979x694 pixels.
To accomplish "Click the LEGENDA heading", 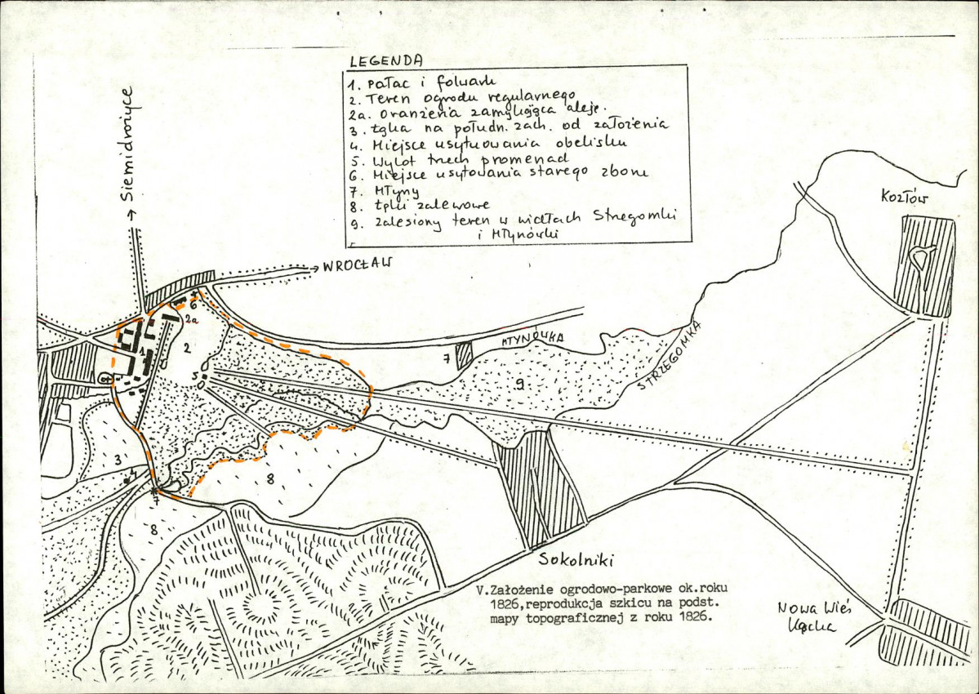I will (385, 60).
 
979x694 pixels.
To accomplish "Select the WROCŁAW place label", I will (358, 265).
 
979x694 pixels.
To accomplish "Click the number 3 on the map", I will (117, 460).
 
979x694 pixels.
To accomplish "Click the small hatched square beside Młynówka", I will (464, 356).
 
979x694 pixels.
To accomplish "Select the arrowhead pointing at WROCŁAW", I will (315, 266).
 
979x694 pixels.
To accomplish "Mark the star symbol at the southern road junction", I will (155, 492).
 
